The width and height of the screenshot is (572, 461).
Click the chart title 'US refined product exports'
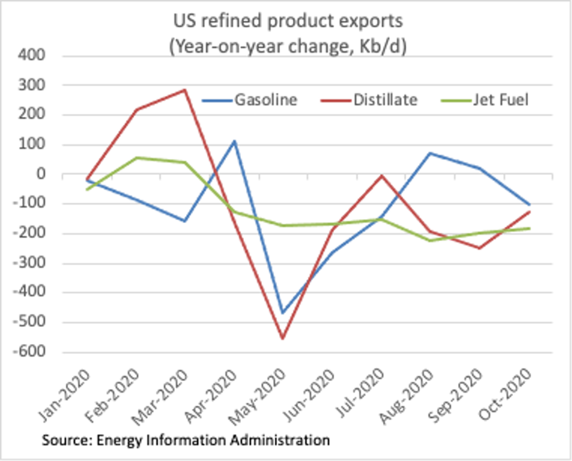(x=288, y=22)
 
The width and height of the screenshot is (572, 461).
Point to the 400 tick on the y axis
(x=35, y=56)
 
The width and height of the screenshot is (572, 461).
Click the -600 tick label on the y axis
(x=32, y=352)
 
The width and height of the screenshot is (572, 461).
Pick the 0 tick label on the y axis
(x=41, y=175)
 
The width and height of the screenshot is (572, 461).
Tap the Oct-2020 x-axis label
(x=511, y=394)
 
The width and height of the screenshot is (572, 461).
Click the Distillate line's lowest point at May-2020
(x=283, y=339)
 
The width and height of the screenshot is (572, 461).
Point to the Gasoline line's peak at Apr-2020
(x=234, y=141)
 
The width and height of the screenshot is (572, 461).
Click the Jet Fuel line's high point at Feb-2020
(x=137, y=158)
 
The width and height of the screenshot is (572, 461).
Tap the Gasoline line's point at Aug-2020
(x=430, y=153)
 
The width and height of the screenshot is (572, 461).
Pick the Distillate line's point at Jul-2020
(x=381, y=176)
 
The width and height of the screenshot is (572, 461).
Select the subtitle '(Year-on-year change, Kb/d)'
(x=288, y=47)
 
